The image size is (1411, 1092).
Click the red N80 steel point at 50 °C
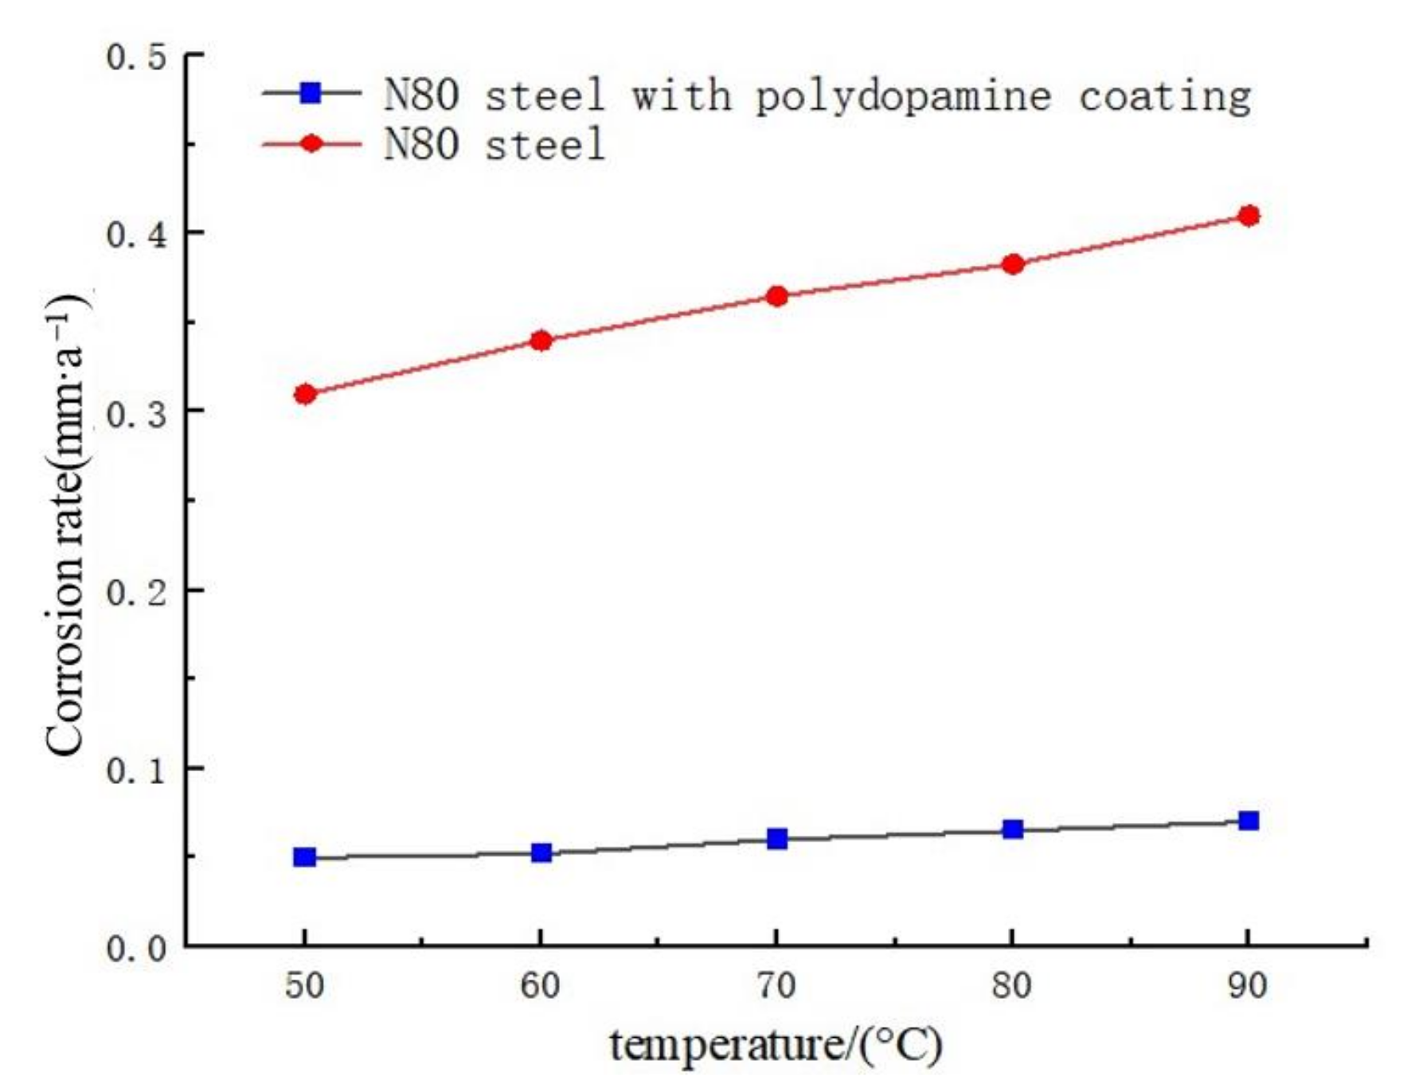(305, 394)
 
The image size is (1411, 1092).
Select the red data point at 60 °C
(541, 341)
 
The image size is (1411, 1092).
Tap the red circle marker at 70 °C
(777, 297)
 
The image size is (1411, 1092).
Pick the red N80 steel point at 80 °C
(1013, 264)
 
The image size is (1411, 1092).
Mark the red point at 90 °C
(1249, 216)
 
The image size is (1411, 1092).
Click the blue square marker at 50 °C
(305, 857)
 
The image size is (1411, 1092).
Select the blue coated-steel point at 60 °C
(541, 853)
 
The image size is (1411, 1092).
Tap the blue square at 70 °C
(777, 839)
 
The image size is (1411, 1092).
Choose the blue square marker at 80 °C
(1013, 829)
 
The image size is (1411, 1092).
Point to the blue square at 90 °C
(1249, 821)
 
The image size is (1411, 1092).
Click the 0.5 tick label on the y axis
(136, 57)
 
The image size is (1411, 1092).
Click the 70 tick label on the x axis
(776, 986)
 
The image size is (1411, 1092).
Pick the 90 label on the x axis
(1247, 986)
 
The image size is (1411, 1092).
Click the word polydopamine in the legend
(903, 96)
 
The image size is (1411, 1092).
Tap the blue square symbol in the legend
(311, 93)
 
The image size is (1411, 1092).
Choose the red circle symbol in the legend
(311, 143)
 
